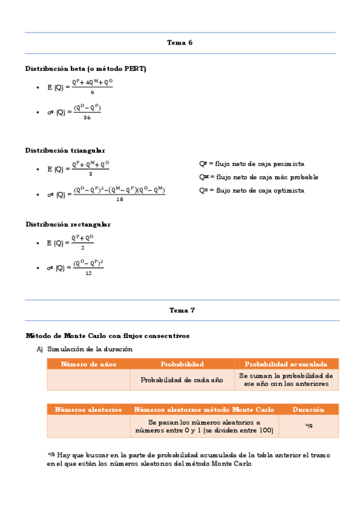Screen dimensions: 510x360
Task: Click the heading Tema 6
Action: coord(180,43)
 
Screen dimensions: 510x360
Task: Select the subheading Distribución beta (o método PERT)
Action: coord(86,69)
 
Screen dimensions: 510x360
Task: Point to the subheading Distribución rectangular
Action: coord(68,224)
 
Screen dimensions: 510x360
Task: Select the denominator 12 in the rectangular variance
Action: coord(88,273)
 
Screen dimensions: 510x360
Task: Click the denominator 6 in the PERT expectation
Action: coord(92,92)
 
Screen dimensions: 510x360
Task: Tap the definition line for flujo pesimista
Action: coord(251,164)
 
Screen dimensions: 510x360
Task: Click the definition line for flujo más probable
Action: coord(258,177)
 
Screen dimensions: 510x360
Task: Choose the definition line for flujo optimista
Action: coord(251,190)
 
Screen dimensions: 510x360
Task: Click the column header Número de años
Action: coord(88,364)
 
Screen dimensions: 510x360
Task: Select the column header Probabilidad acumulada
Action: coord(285,364)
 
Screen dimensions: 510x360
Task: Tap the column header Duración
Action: coord(308,410)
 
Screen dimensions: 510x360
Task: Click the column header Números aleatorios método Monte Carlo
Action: coord(204,410)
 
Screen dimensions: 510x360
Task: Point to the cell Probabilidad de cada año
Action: coord(182,379)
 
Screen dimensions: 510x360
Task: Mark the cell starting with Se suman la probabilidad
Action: coord(285,379)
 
